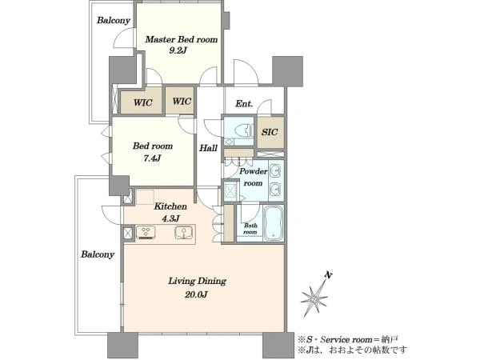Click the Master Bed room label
(182, 39)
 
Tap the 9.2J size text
(178, 50)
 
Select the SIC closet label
(270, 132)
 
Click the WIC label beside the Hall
(182, 102)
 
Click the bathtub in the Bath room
(274, 223)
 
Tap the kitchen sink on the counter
(184, 232)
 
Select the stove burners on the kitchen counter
(146, 232)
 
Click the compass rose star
(314, 297)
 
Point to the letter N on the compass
(329, 275)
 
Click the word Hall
(208, 149)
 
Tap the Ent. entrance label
(244, 104)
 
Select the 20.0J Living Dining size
(196, 294)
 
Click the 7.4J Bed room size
(152, 158)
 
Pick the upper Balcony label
(114, 21)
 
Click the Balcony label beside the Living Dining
(98, 254)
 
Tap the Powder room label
(253, 177)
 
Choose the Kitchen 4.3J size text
(170, 218)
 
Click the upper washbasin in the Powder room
(275, 170)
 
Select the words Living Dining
(197, 281)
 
